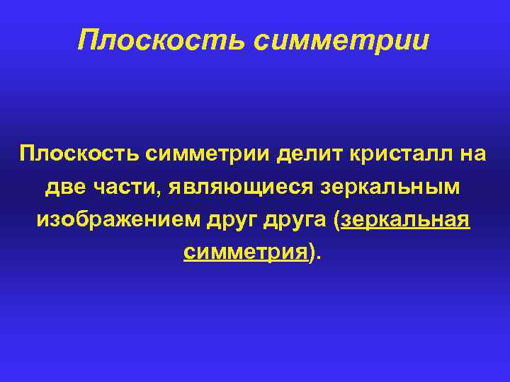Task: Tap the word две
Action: [x=64, y=187]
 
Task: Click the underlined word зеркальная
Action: [x=405, y=219]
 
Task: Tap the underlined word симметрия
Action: [x=245, y=252]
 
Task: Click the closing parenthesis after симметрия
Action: [x=312, y=253]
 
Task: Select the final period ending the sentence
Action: [x=319, y=257]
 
